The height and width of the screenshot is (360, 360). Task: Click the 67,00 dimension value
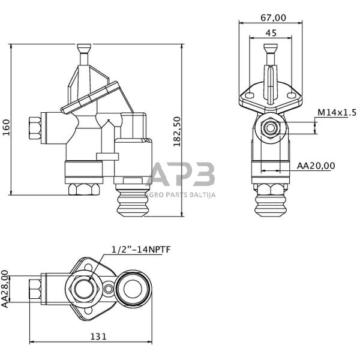274,18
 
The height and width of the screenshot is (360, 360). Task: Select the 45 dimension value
271,33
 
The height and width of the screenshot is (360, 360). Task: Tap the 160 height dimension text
7,128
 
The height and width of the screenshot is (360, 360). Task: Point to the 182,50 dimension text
177,132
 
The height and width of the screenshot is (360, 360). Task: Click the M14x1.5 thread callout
337,113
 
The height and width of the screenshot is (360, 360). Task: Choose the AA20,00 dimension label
316,166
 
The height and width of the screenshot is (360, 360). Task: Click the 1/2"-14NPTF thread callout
141,250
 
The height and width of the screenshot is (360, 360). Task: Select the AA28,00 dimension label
5,289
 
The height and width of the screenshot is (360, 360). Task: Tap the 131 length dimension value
98,337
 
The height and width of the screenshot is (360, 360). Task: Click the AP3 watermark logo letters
181,173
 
